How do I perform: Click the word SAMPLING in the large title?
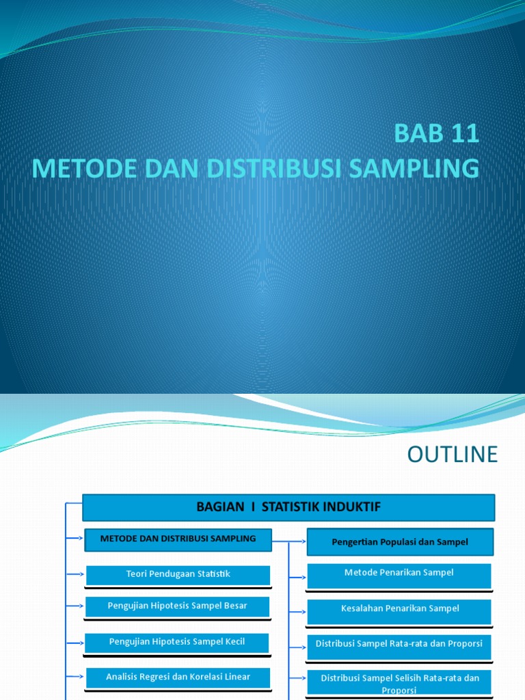[420, 168]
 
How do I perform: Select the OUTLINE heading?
[453, 455]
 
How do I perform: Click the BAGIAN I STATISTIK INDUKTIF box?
[288, 507]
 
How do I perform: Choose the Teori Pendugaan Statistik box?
[178, 574]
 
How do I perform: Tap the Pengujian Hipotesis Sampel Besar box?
[178, 606]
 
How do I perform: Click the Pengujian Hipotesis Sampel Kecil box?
[177, 642]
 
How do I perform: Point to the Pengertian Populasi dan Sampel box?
[399, 542]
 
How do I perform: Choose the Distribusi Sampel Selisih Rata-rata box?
[400, 682]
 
